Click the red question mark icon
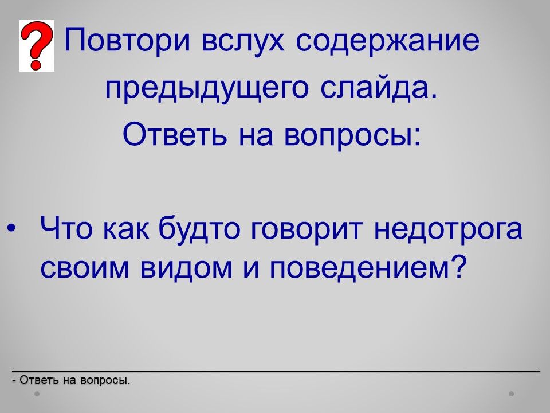pos(37,46)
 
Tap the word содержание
pos(388,41)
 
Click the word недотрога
pos(448,229)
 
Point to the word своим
pos(85,268)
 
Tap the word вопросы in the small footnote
pos(105,381)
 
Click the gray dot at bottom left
pos(37,393)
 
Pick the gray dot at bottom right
pos(512,393)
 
